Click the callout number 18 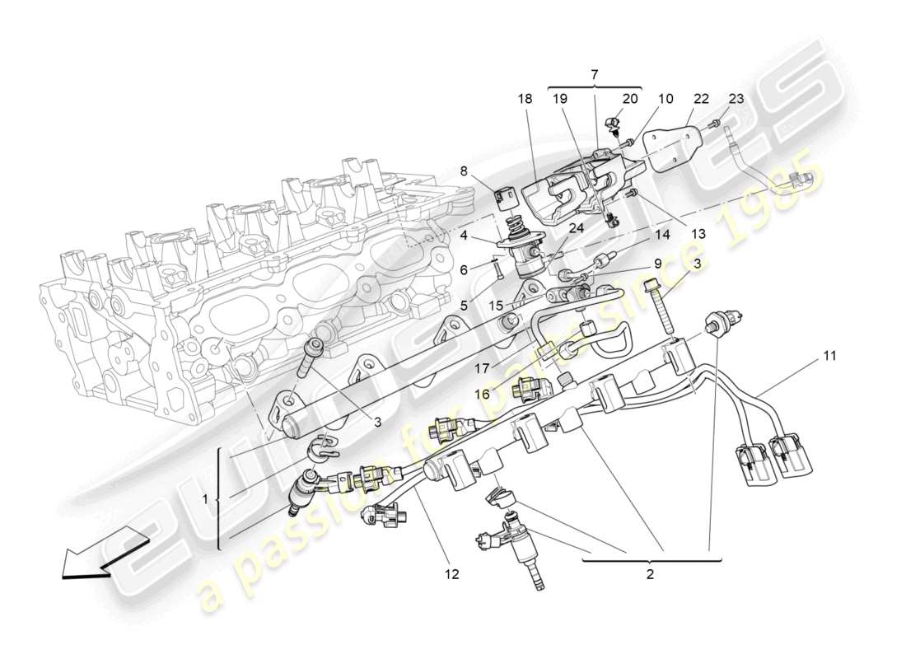click(x=525, y=98)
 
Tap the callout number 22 click(x=700, y=98)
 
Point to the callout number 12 click(x=451, y=573)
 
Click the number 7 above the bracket click(x=595, y=74)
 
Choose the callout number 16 click(x=481, y=395)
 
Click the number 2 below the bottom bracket click(x=650, y=574)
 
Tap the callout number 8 click(x=464, y=171)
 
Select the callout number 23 click(x=736, y=98)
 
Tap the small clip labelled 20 click(x=610, y=124)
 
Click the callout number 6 click(x=464, y=269)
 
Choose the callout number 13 click(x=698, y=234)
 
